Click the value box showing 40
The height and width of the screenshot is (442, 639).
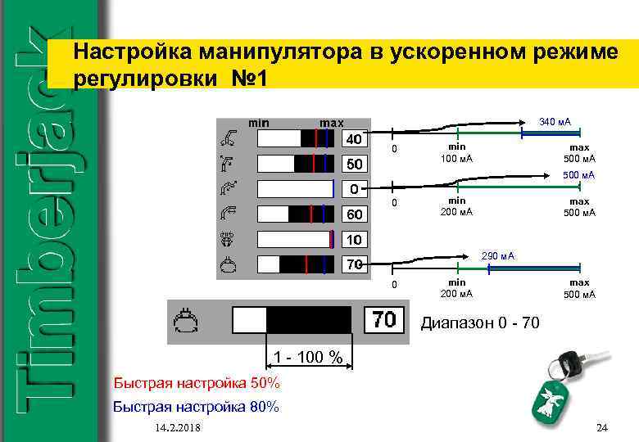click(x=353, y=139)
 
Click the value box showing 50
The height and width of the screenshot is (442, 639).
click(x=353, y=165)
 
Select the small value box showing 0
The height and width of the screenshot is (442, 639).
click(x=353, y=190)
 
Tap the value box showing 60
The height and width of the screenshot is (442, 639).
click(x=353, y=215)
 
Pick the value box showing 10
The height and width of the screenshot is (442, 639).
click(x=353, y=241)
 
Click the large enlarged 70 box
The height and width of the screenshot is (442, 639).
click(x=384, y=319)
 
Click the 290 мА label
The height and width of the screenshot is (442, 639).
click(x=497, y=257)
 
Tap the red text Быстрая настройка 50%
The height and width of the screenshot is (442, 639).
click(x=196, y=383)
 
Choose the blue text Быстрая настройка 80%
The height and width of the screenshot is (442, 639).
click(x=196, y=406)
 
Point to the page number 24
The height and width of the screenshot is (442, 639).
click(x=603, y=428)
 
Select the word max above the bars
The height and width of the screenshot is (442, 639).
click(x=331, y=123)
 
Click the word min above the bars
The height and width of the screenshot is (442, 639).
click(x=258, y=123)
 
